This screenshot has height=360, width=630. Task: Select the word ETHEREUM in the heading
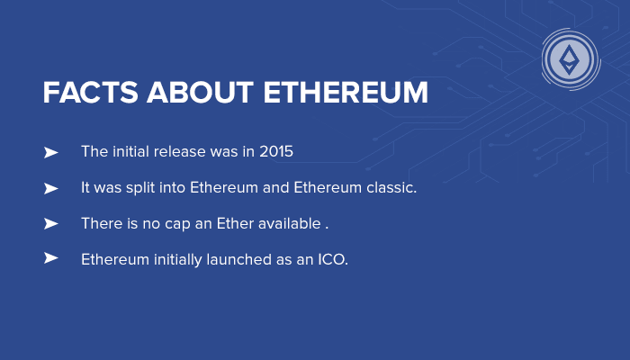pos(346,93)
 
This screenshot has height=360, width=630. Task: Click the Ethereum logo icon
pos(570,60)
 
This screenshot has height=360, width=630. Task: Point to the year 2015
pos(276,152)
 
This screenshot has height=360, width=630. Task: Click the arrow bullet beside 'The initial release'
pos(50,153)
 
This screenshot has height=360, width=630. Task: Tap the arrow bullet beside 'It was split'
pos(50,188)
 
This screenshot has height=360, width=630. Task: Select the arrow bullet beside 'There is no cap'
pos(50,223)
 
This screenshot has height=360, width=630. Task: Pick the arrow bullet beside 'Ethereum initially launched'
pos(50,258)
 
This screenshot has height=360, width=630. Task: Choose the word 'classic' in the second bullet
pos(389,188)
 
